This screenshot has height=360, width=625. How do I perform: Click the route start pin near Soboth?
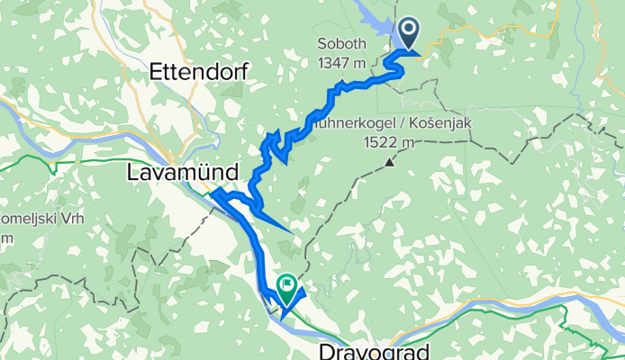[x=408, y=35]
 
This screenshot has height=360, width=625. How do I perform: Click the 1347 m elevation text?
[x=341, y=62]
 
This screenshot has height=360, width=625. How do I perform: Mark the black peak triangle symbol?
[x=389, y=163]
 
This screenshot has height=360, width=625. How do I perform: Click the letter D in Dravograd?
[x=327, y=349]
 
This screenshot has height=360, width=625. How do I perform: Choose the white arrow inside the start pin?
[x=408, y=31]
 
